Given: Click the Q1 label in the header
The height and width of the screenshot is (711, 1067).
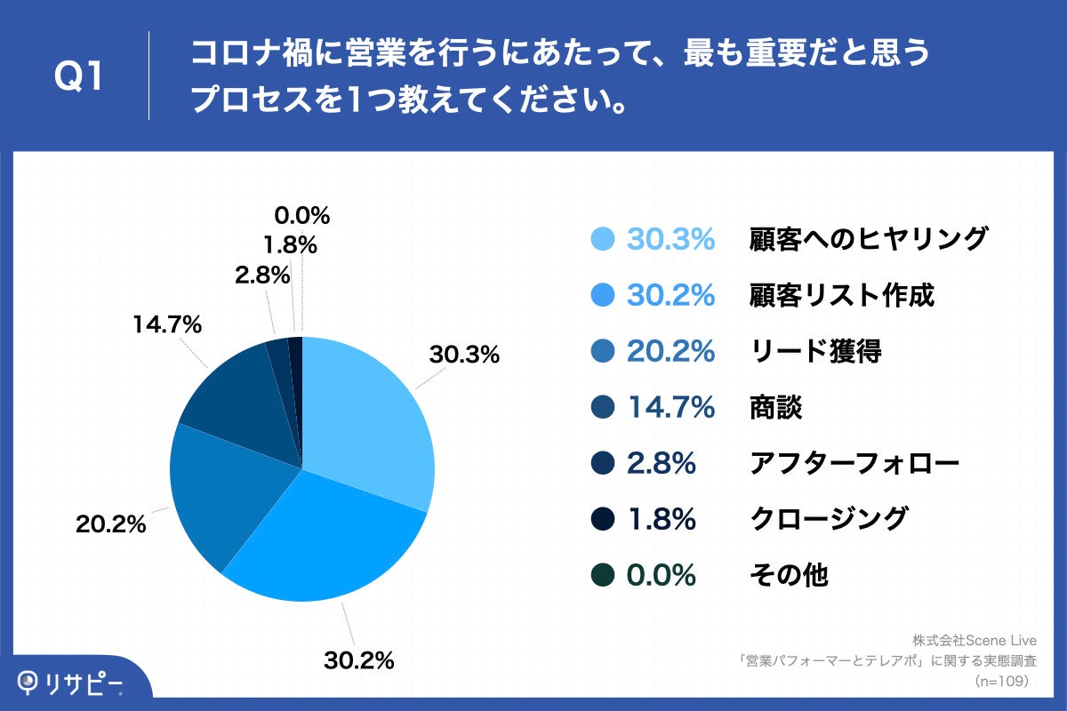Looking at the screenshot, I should click(79, 78).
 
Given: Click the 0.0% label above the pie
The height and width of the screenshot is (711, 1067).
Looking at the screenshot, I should click(302, 216).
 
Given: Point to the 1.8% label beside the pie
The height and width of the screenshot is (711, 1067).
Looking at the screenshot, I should click(288, 244).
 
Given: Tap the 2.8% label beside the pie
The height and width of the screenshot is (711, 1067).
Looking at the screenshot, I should click(262, 276).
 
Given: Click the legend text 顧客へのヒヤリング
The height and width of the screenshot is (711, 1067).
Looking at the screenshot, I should click(868, 239).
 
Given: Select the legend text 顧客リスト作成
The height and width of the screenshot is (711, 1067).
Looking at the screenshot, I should click(841, 295).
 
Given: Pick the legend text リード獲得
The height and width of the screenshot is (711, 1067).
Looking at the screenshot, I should click(815, 351).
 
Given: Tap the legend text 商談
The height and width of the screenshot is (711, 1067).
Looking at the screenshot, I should click(775, 407).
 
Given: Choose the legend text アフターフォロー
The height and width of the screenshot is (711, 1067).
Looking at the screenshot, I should click(854, 463).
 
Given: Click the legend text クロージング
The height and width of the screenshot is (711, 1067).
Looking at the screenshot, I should click(829, 519).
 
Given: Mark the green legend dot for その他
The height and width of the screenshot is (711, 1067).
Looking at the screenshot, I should click(602, 575).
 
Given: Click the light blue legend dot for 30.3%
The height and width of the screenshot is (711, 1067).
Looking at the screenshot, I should click(602, 239).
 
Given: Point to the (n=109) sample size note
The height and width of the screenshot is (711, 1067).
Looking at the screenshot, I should click(1001, 681).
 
